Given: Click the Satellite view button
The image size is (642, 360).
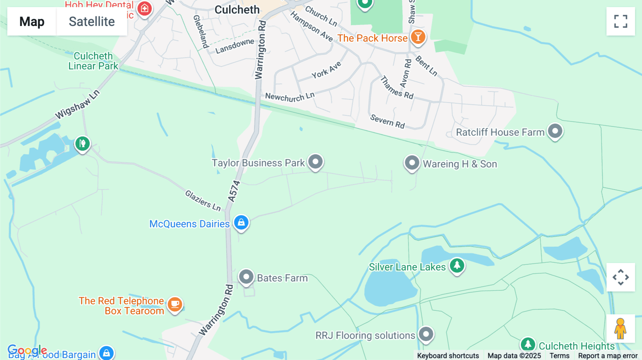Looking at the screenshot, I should click(x=92, y=21).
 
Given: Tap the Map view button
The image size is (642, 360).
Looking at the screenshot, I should click(x=32, y=21).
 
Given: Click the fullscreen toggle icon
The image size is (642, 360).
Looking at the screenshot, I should click(x=621, y=21).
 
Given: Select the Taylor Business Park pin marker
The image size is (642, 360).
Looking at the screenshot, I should click(x=315, y=162).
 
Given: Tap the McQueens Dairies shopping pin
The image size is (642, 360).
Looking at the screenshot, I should click(x=241, y=222).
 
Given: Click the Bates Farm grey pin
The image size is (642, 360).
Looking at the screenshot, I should click(x=246, y=277).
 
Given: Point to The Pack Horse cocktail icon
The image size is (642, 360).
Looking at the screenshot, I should click(x=418, y=37).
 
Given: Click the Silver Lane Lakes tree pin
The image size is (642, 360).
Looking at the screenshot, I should click(x=457, y=266).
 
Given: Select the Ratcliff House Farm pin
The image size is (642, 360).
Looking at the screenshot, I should click(x=555, y=131).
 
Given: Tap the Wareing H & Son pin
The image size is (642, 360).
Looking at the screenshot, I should click(x=412, y=163).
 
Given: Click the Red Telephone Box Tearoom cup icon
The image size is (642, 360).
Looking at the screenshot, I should click(x=175, y=304).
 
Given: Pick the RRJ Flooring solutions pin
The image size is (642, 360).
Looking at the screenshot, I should click(x=426, y=334).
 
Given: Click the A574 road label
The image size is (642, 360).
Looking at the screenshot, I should click(x=234, y=191).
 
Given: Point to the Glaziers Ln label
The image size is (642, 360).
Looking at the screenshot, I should click(x=203, y=200).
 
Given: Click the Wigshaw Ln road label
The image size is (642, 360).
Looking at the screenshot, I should click(x=77, y=105).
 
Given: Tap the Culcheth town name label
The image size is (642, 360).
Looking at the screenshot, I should click(x=237, y=10).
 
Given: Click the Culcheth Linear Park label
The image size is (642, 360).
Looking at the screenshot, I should click(x=93, y=61).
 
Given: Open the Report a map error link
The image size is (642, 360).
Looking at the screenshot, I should click(x=608, y=356).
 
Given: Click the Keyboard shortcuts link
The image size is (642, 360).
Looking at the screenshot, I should click(x=448, y=356).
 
